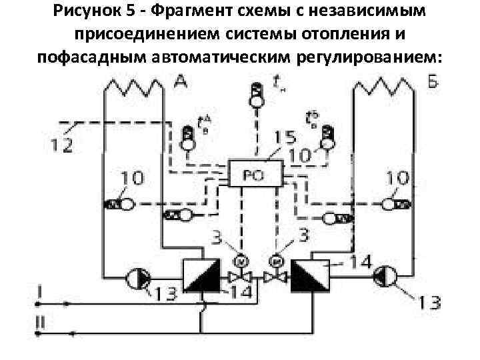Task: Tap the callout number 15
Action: (x=285, y=139)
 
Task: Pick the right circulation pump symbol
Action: (x=385, y=275)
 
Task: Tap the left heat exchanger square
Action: (x=199, y=275)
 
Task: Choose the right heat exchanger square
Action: (x=309, y=275)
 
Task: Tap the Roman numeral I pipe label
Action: (x=41, y=291)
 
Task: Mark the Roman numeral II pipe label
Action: (x=41, y=322)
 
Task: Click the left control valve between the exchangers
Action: (x=236, y=276)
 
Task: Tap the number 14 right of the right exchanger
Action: (x=360, y=263)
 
